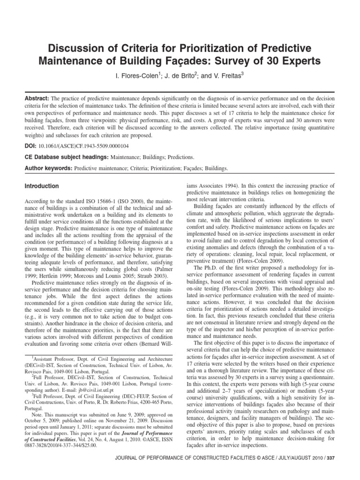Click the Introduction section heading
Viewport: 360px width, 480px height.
tap(42, 186)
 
